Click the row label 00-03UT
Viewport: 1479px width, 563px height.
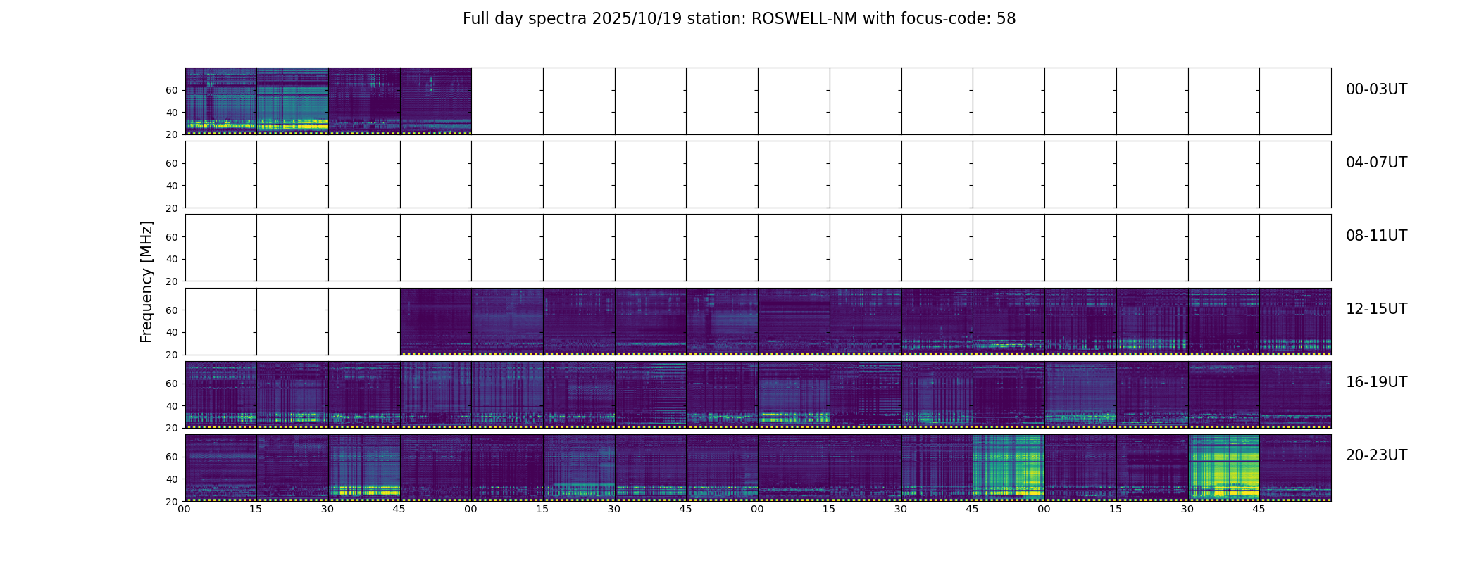pyautogui.click(x=1376, y=89)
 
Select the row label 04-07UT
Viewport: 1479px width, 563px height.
pyautogui.click(x=1376, y=163)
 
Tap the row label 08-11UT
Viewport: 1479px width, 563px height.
pyautogui.click(x=1376, y=236)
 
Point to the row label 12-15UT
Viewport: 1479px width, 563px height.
pyautogui.click(x=1376, y=309)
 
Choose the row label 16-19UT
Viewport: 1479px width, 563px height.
pyautogui.click(x=1376, y=382)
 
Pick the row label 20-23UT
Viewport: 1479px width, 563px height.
pyautogui.click(x=1376, y=455)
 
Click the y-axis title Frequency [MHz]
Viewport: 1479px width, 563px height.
pyautogui.click(x=146, y=281)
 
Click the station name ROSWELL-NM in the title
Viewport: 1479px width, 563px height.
pyautogui.click(x=804, y=19)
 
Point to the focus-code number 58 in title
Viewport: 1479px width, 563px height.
pyautogui.click(x=1006, y=19)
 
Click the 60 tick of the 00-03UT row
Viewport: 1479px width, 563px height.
pyautogui.click(x=171, y=90)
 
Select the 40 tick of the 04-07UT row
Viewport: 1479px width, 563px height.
pyautogui.click(x=171, y=186)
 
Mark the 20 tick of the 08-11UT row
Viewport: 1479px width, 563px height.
pyautogui.click(x=171, y=281)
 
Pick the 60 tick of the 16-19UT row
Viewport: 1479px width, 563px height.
pyautogui.click(x=171, y=384)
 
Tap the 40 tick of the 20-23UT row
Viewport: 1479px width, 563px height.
pyautogui.click(x=171, y=479)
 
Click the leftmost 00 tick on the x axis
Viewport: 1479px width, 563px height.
pyautogui.click(x=184, y=509)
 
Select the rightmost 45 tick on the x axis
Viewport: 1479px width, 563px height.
pyautogui.click(x=1259, y=509)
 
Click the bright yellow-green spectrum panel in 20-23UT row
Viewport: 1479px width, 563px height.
pyautogui.click(x=1223, y=467)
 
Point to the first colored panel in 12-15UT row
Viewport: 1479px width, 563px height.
pyautogui.click(x=435, y=321)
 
